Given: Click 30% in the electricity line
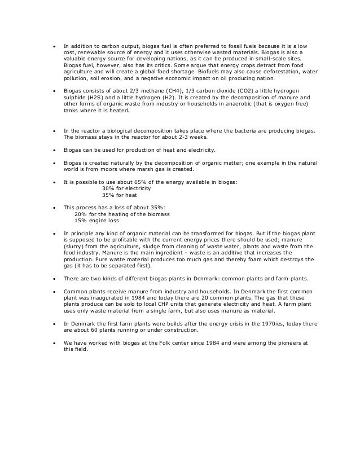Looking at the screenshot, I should click(x=108, y=189).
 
